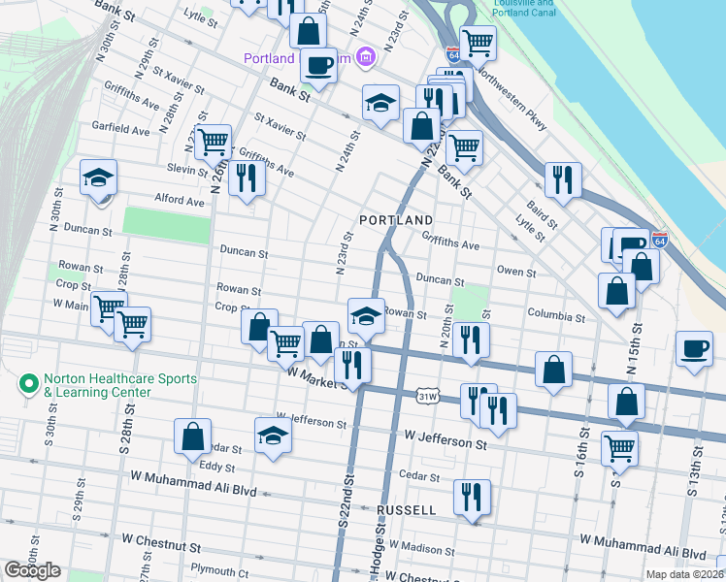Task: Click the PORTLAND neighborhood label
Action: point(395,221)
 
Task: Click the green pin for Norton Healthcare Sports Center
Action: point(27,384)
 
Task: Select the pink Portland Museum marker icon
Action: point(365,58)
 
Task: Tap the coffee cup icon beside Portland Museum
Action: point(317,65)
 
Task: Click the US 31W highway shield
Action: point(428,396)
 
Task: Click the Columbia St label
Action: point(556,316)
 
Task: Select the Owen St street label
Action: point(515,273)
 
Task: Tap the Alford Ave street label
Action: point(180,201)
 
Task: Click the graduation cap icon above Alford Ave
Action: point(98,178)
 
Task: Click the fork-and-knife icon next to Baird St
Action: point(562,178)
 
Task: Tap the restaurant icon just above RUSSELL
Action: point(472,497)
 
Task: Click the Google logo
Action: point(32,570)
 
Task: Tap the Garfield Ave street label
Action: point(120,129)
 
